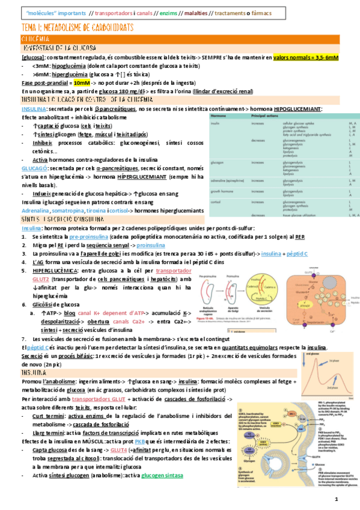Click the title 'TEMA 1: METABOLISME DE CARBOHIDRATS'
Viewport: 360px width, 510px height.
pyautogui.click(x=77, y=28)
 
